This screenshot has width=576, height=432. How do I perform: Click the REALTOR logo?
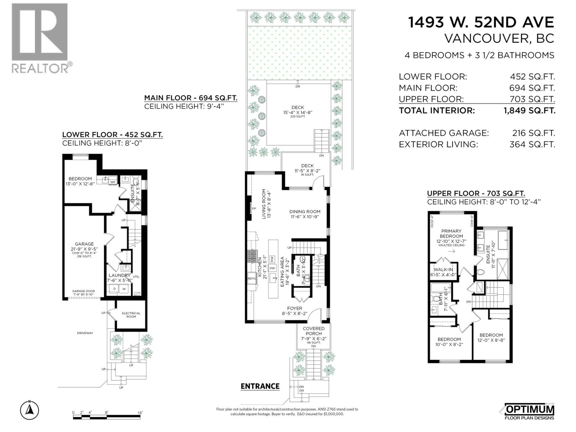tap(40, 38)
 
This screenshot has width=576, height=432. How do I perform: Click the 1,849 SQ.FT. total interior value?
tap(529, 111)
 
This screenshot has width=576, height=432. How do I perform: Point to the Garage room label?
tap(84, 244)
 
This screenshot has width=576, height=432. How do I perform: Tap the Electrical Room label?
tap(131, 315)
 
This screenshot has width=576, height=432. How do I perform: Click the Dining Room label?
tap(305, 212)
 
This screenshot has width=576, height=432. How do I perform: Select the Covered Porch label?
tap(314, 331)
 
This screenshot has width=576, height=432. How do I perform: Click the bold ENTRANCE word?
tap(260, 386)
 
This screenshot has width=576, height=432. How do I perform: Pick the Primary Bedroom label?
tap(451, 234)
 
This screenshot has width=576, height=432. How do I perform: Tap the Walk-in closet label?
tap(443, 270)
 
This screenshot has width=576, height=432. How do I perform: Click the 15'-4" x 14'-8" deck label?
tap(297, 110)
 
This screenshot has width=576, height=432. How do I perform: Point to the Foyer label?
tap(294, 308)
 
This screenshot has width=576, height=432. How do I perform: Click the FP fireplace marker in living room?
tap(254, 209)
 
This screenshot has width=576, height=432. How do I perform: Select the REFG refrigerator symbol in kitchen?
tap(251, 278)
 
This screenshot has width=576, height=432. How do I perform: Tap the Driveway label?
tap(85, 333)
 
